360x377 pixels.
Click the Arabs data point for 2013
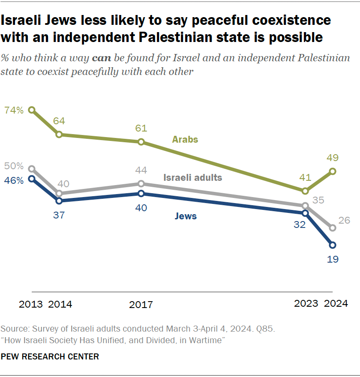[31, 110]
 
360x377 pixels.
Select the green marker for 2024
[333, 171]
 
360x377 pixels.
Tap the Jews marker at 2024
[333, 245]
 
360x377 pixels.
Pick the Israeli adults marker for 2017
[141, 184]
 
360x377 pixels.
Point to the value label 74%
[14, 110]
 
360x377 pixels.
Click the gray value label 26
[344, 221]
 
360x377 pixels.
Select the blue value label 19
[333, 259]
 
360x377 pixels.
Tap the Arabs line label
[185, 139]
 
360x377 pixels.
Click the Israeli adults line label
[193, 177]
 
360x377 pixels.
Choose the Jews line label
[186, 216]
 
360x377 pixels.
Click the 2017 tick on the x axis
[141, 305]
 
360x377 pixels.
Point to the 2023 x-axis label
[306, 304]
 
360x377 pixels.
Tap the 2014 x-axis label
[60, 305]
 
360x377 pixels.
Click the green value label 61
[141, 128]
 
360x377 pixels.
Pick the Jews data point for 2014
[60, 200]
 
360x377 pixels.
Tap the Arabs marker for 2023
[305, 191]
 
